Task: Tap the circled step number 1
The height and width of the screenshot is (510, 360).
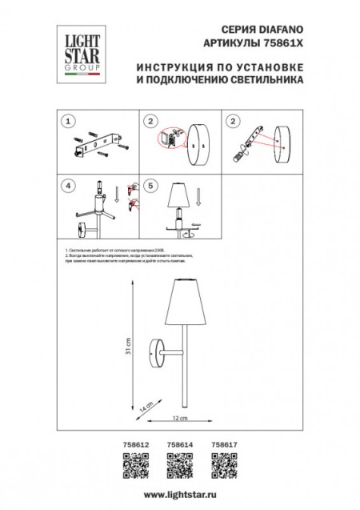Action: (70, 122)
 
